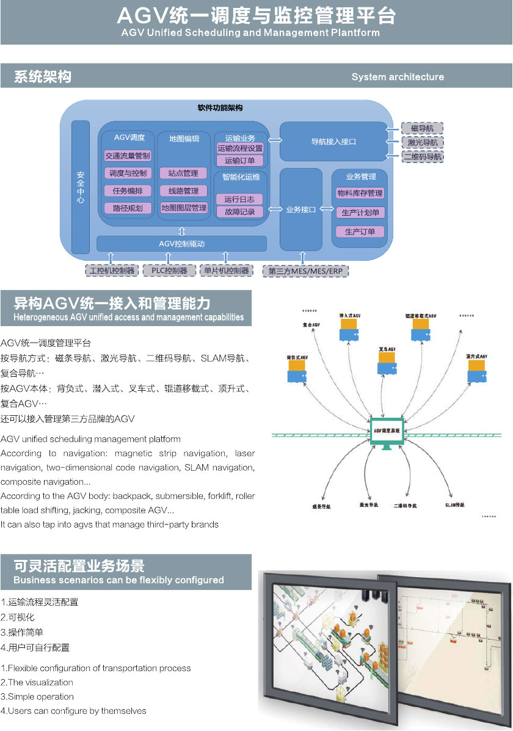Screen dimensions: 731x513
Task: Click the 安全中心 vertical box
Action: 81,187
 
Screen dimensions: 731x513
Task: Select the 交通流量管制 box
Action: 128,156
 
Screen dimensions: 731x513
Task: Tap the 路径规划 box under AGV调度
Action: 128,208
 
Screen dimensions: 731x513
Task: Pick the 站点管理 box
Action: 184,173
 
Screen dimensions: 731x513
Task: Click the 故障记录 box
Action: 239,212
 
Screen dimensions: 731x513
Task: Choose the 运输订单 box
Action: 239,161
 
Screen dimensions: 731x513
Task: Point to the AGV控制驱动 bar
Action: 182,244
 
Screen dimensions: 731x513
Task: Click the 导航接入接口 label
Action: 333,142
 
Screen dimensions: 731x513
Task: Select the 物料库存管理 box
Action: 360,194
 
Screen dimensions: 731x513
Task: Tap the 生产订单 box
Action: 360,231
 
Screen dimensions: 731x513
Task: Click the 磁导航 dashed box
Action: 422,128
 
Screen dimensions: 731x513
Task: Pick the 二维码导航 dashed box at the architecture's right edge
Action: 422,156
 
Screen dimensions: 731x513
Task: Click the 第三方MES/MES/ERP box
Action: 305,271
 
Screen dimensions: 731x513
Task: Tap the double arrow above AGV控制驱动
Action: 182,231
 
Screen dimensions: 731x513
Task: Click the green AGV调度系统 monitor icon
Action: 387,432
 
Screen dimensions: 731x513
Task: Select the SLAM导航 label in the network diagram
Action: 454,505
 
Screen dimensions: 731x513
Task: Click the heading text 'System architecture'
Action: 398,77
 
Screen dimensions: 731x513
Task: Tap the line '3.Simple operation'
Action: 37,696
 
